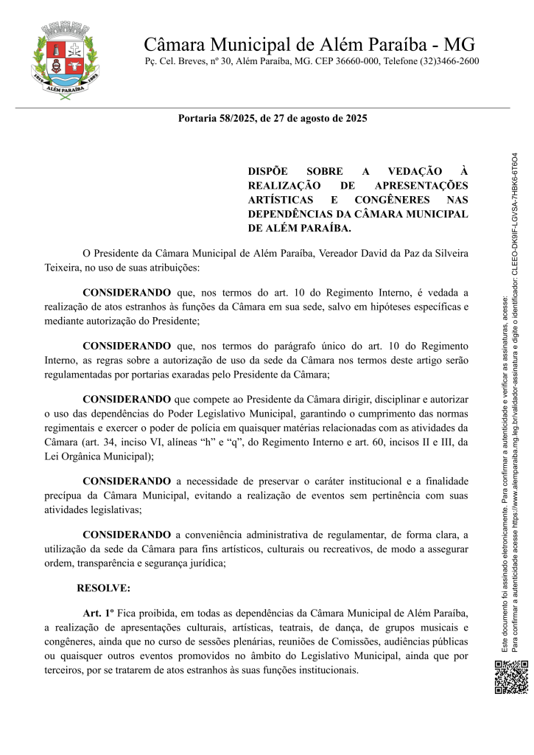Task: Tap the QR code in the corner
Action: coord(510,678)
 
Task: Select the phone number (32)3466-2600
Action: coord(449,61)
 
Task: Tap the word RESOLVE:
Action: coord(103,588)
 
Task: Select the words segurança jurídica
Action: coord(188,563)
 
